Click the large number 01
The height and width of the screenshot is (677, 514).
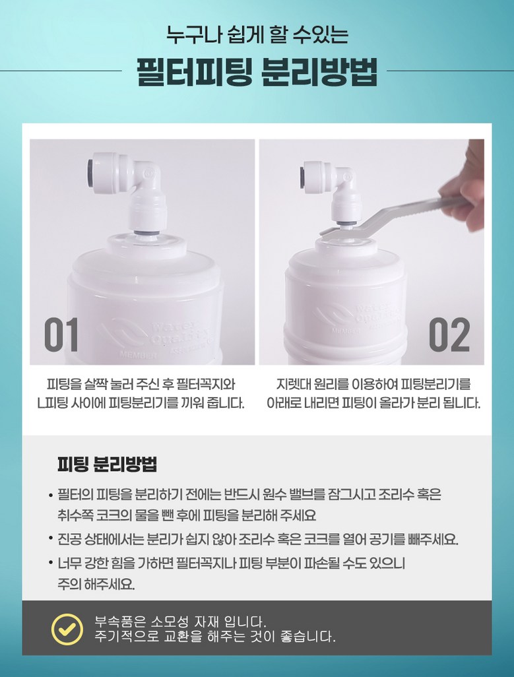[61, 335]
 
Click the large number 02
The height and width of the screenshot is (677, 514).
[449, 335]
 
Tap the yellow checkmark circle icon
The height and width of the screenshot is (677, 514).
[67, 629]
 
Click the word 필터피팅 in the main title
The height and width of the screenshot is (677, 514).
[194, 72]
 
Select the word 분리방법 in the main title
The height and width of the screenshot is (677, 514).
[320, 72]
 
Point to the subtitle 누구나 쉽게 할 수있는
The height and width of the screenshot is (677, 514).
[257, 34]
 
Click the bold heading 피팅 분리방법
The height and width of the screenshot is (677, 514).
[107, 464]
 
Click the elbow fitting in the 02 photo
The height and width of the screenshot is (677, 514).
[330, 193]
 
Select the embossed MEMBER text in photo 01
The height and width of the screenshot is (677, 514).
[138, 356]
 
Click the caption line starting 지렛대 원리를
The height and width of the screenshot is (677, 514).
[373, 384]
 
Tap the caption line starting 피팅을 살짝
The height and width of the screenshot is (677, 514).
[141, 384]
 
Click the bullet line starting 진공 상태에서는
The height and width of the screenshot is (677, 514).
[258, 539]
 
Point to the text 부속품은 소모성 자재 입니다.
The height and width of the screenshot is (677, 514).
[180, 622]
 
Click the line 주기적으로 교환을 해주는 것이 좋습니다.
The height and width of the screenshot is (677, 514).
[215, 636]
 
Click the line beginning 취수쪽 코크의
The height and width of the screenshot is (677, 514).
[187, 515]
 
